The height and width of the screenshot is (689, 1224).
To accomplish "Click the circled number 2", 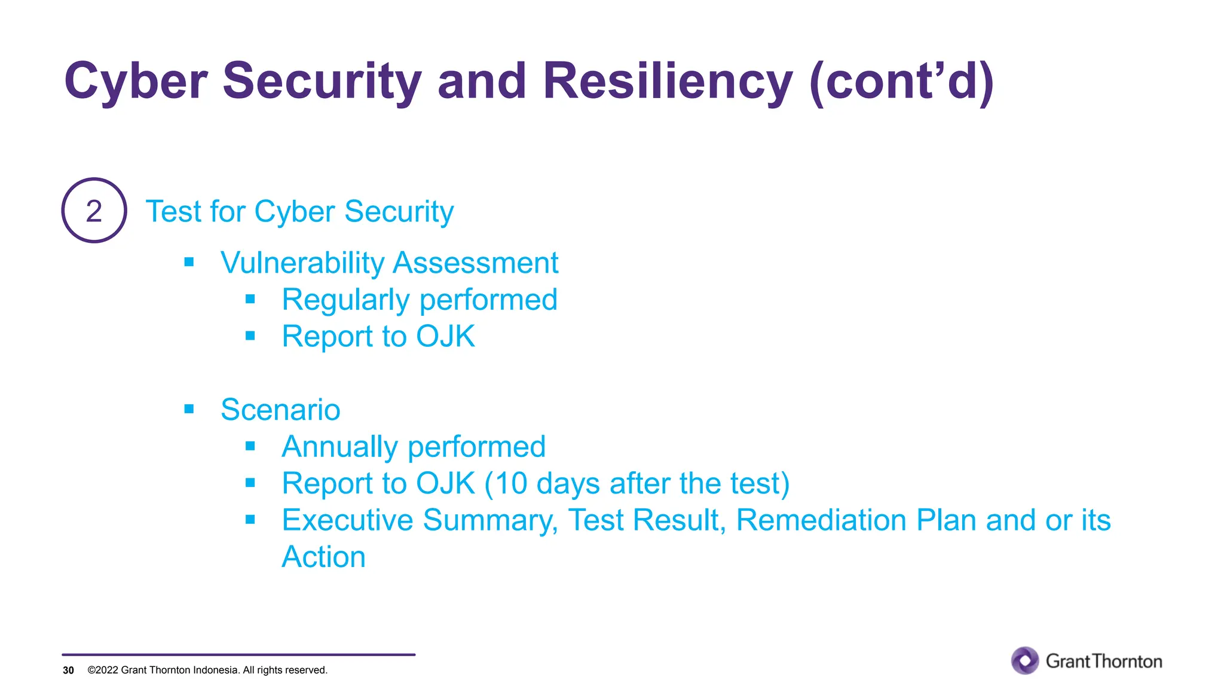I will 94,211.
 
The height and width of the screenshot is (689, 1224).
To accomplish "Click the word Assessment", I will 476,263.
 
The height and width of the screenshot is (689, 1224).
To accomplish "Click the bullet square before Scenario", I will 189,409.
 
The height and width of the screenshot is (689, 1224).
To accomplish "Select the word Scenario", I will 280,410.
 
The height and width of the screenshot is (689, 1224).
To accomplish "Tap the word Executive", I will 347,520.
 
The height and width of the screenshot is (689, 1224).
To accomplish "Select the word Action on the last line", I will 323,557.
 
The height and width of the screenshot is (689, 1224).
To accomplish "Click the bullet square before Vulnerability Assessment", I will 189,262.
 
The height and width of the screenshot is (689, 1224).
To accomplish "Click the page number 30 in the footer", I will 68,670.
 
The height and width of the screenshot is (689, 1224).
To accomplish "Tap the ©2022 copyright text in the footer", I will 207,670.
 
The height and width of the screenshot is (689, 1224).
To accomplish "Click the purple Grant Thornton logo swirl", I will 1025,660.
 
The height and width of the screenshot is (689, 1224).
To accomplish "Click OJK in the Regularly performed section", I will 445,336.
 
